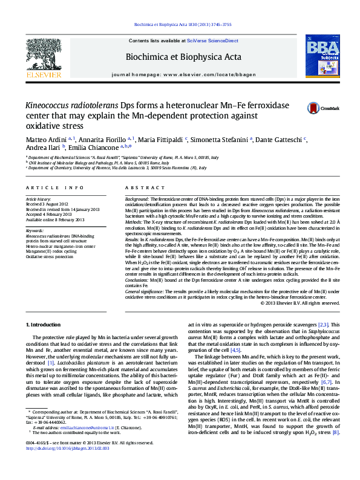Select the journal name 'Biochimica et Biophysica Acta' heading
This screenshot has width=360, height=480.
point(183,57)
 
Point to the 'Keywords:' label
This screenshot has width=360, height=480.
point(34,230)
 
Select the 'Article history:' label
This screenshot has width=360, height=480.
point(39,198)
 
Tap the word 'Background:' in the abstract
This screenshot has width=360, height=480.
point(137,198)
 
